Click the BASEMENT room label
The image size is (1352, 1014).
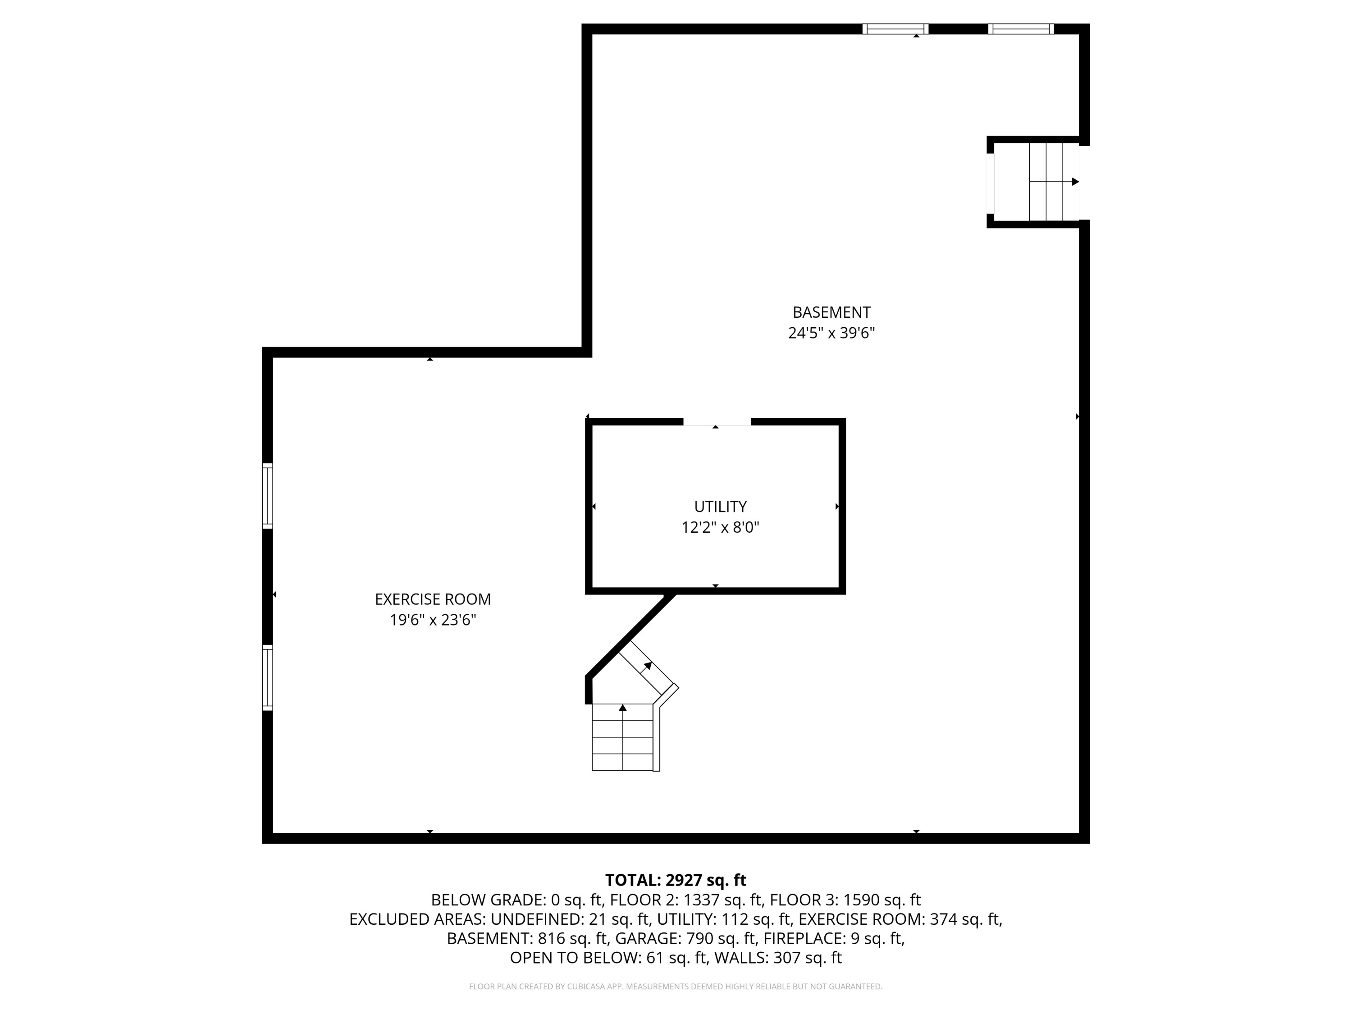pyautogui.click(x=831, y=312)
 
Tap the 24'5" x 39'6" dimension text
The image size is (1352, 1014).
pyautogui.click(x=831, y=333)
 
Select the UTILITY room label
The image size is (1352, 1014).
pyautogui.click(x=720, y=507)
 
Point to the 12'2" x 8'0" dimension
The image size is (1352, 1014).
pyautogui.click(x=720, y=527)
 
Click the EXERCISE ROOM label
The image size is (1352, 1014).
pyautogui.click(x=433, y=599)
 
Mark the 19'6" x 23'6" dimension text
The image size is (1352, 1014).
pyautogui.click(x=433, y=621)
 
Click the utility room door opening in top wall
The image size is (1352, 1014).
pyautogui.click(x=717, y=422)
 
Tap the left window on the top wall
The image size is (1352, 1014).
pyautogui.click(x=895, y=29)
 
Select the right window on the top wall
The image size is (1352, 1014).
pyautogui.click(x=1021, y=29)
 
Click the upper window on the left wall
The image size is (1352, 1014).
pyautogui.click(x=268, y=496)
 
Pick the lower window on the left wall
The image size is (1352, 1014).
pyautogui.click(x=268, y=677)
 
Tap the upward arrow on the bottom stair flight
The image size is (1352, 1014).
pyautogui.click(x=623, y=708)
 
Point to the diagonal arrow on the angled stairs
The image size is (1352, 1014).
pyautogui.click(x=647, y=665)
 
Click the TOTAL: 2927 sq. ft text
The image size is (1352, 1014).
pyautogui.click(x=676, y=880)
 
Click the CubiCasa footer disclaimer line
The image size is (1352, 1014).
pyautogui.click(x=676, y=987)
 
